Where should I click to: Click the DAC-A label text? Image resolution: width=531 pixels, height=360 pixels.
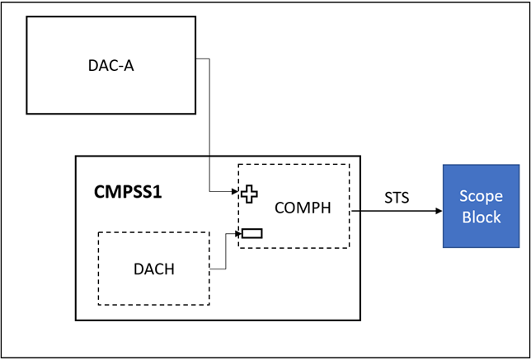[x=111, y=66]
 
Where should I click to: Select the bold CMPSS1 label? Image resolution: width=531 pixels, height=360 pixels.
[x=128, y=193]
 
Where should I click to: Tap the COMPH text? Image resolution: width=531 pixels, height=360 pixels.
[x=303, y=208]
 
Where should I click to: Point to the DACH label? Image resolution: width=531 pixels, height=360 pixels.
[x=154, y=269]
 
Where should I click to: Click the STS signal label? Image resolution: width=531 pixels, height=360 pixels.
[x=397, y=198]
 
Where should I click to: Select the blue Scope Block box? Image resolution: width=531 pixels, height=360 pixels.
[x=482, y=206]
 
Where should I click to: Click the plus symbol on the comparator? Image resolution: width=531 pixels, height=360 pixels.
[x=249, y=194]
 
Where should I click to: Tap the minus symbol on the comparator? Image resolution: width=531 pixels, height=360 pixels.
[x=252, y=233]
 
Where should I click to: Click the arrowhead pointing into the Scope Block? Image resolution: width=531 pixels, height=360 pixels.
[x=439, y=211]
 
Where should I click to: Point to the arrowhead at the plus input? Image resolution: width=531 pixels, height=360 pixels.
[x=235, y=191]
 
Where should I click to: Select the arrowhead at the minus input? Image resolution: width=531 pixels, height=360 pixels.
[x=239, y=233]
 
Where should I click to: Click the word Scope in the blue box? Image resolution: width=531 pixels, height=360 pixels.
[x=482, y=196]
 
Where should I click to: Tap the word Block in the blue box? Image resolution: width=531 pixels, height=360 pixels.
[x=482, y=217]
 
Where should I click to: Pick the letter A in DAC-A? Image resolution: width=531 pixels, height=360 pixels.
[x=129, y=66]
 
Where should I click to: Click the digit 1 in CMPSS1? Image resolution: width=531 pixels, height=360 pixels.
[x=157, y=193]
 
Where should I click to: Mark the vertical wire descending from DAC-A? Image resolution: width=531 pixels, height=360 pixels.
[x=209, y=125]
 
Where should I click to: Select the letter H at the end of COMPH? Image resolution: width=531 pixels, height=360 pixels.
[x=326, y=208]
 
